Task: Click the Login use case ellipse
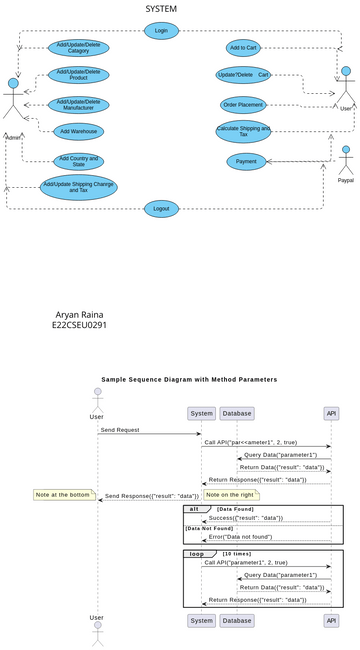[x=160, y=31]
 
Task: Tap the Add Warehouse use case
[x=78, y=132]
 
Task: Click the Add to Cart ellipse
[x=243, y=47]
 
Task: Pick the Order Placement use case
[x=243, y=104]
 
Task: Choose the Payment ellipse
[x=243, y=161]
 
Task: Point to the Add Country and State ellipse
[x=78, y=161]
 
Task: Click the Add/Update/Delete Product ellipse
[x=78, y=75]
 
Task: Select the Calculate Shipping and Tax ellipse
[x=243, y=131]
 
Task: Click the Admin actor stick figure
[x=13, y=100]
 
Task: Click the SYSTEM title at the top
[x=160, y=9]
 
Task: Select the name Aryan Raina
[x=79, y=314]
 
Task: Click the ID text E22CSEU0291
[x=79, y=326]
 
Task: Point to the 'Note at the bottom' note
[x=62, y=495]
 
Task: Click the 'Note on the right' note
[x=231, y=495]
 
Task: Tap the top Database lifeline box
[x=237, y=413]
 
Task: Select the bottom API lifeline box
[x=331, y=621]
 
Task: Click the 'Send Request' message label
[x=119, y=429]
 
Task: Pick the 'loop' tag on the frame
[x=197, y=553]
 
